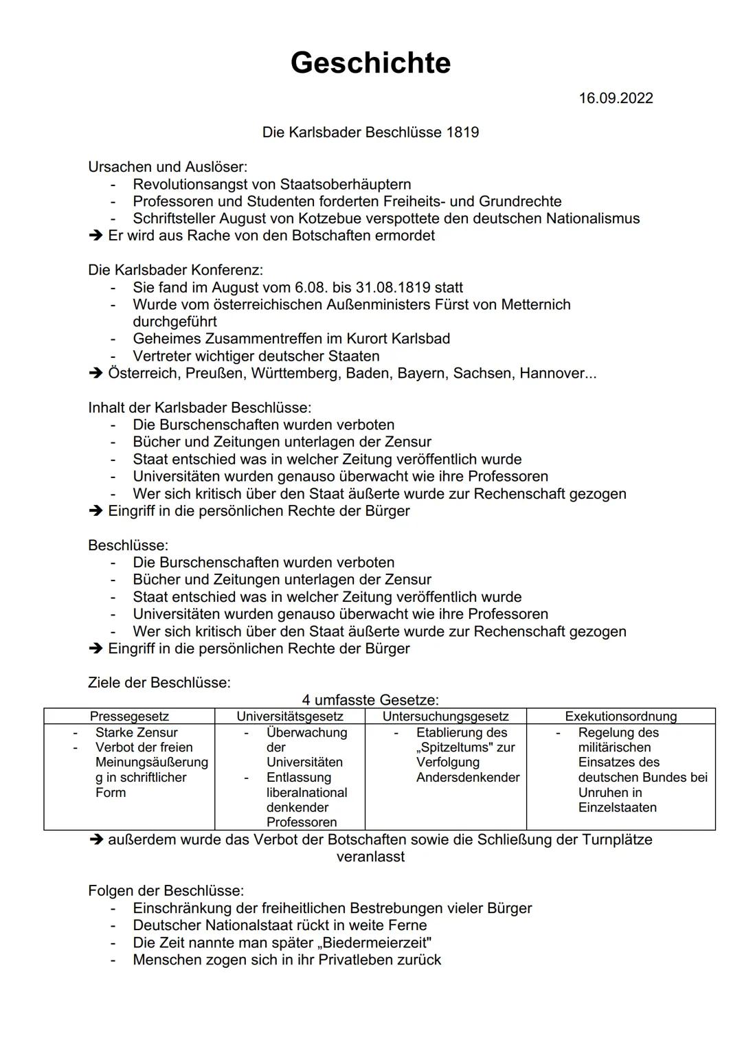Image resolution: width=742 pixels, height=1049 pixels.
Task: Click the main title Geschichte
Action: [x=370, y=63]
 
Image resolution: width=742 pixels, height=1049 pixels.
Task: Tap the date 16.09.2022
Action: [x=616, y=98]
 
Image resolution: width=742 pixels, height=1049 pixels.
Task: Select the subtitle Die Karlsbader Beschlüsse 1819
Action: [x=370, y=132]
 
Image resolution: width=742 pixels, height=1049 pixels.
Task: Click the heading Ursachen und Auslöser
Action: [x=168, y=167]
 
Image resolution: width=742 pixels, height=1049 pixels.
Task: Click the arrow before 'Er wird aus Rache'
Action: [x=95, y=236]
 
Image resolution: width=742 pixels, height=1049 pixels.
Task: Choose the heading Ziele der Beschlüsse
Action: [x=159, y=683]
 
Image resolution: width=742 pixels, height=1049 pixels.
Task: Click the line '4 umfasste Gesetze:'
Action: [x=370, y=700]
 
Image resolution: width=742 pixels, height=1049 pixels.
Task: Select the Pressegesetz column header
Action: [x=129, y=717]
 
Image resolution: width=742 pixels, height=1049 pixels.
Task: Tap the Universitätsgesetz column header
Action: [x=290, y=717]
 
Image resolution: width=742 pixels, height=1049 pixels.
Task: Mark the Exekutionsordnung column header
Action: [x=620, y=717]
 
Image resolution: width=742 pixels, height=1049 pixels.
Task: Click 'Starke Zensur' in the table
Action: [x=136, y=732]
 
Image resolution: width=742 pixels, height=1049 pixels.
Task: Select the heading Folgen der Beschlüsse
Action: [x=166, y=891]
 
